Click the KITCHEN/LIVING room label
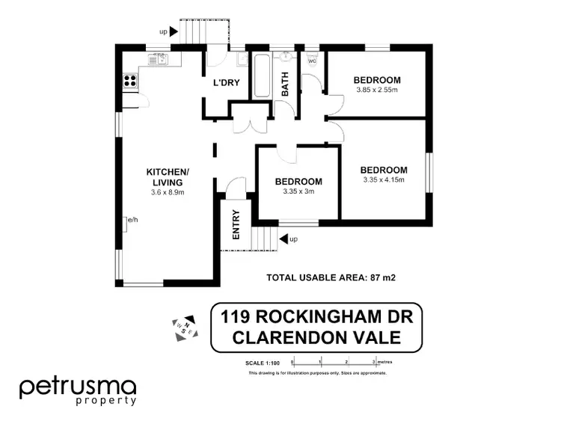[168, 177]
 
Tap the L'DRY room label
[226, 82]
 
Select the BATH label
[285, 84]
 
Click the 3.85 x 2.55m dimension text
[377, 90]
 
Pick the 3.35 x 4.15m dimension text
[384, 180]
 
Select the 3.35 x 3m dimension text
[298, 191]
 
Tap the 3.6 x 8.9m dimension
[168, 192]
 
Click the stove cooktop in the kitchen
[128, 79]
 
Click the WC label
[312, 61]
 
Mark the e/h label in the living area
[133, 220]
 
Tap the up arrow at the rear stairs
[173, 31]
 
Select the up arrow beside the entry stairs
[283, 239]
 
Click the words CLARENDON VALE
[316, 337]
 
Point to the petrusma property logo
[78, 390]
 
